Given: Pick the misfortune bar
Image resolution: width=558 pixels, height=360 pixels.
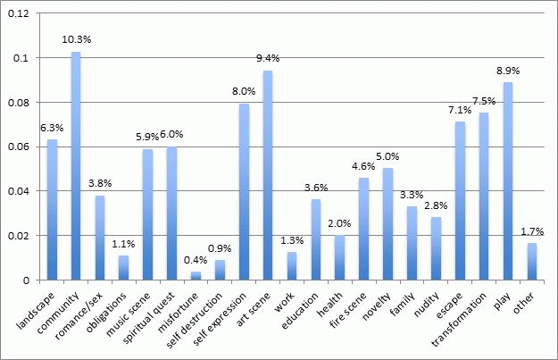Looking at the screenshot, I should pos(196,275).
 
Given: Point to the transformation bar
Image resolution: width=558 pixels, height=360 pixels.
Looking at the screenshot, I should pos(483,196).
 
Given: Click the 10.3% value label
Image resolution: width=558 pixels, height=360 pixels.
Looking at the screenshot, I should pos(77,40).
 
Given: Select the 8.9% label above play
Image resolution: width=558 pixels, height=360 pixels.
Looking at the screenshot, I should pos(507,70).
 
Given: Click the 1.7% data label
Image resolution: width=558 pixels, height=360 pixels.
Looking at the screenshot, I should pos(530,230).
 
